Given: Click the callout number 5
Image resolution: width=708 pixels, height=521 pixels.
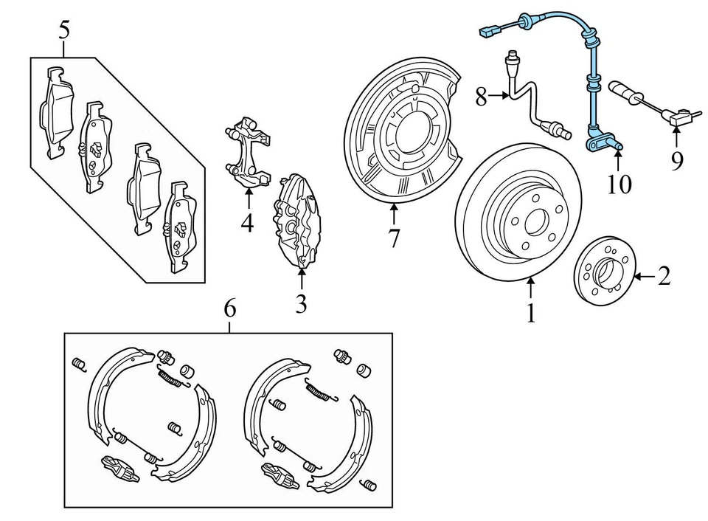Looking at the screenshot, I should [65, 30].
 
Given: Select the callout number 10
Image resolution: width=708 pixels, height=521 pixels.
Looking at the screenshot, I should [619, 184].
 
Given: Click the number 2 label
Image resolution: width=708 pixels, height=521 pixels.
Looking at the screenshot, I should [664, 277].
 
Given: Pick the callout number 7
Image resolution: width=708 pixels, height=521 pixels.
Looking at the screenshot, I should [394, 239].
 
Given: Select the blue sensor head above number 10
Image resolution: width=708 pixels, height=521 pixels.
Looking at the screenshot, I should [603, 140].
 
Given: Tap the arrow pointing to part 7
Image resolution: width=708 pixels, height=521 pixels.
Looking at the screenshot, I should [394, 214].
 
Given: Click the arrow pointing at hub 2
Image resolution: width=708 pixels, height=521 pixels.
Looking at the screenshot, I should [642, 277].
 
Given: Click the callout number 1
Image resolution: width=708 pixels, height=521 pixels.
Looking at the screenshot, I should [530, 314].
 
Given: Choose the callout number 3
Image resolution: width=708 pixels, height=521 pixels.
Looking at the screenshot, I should [300, 304].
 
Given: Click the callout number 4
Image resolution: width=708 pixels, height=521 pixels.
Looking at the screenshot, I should [247, 222].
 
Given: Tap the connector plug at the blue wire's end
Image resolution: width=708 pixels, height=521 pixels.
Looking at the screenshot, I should [487, 32].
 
